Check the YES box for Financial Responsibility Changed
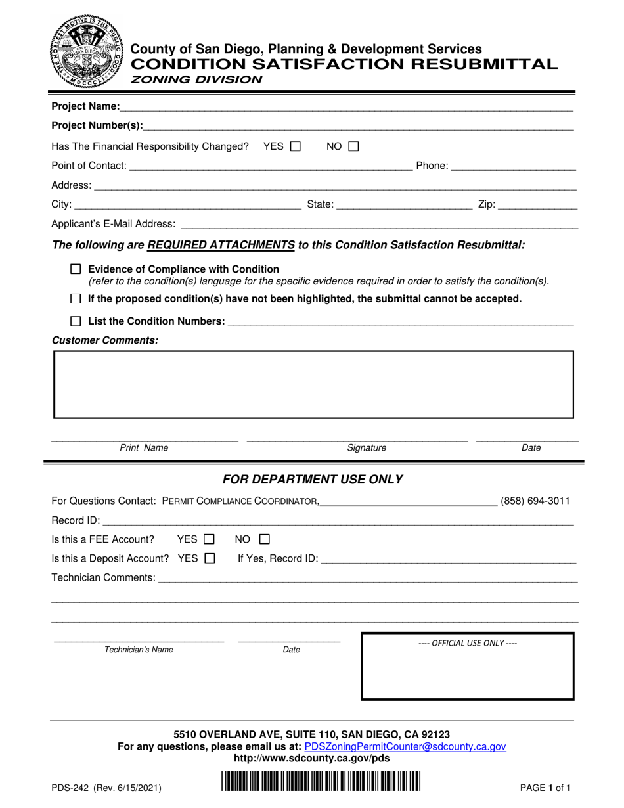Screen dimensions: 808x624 pos(295,146)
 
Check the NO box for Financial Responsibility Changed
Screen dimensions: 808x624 pos(353,146)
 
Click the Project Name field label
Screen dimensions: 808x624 pos(85,106)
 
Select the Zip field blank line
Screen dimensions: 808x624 pos(537,206)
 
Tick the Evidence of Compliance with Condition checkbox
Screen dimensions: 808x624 pos(76,269)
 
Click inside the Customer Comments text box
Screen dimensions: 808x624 pos(313,385)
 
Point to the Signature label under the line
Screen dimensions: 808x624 pos(367,448)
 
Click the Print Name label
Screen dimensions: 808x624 pos(144,448)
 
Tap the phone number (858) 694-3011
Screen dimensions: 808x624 pos(535,502)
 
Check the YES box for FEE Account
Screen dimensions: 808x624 pos(210,540)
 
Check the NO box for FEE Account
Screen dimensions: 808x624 pos(265,540)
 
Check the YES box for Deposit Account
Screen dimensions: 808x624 pos(210,559)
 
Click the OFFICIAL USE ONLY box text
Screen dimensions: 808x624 pos(467,643)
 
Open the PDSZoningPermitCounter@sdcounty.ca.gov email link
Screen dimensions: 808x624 pos(405,746)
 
